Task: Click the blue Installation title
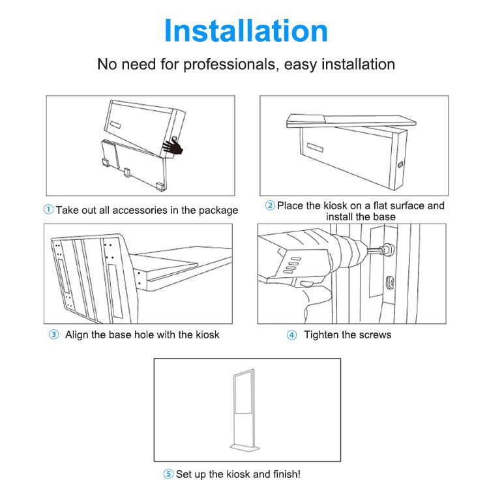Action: pos(246,31)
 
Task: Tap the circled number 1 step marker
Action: pos(48,209)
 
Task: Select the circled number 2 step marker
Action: pos(270,205)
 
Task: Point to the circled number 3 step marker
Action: pos(53,334)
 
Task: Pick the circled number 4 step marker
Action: pos(291,335)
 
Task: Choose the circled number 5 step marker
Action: pos(168,474)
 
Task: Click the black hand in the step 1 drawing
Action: pos(173,147)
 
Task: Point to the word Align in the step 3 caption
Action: pos(77,335)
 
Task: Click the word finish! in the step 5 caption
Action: pos(287,474)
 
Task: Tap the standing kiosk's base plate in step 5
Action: pos(244,447)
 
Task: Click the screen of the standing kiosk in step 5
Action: pos(244,393)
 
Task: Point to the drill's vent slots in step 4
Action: pos(292,265)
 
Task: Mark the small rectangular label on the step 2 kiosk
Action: pos(315,147)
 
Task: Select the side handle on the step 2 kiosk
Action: pos(400,164)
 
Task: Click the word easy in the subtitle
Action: pos(301,65)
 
